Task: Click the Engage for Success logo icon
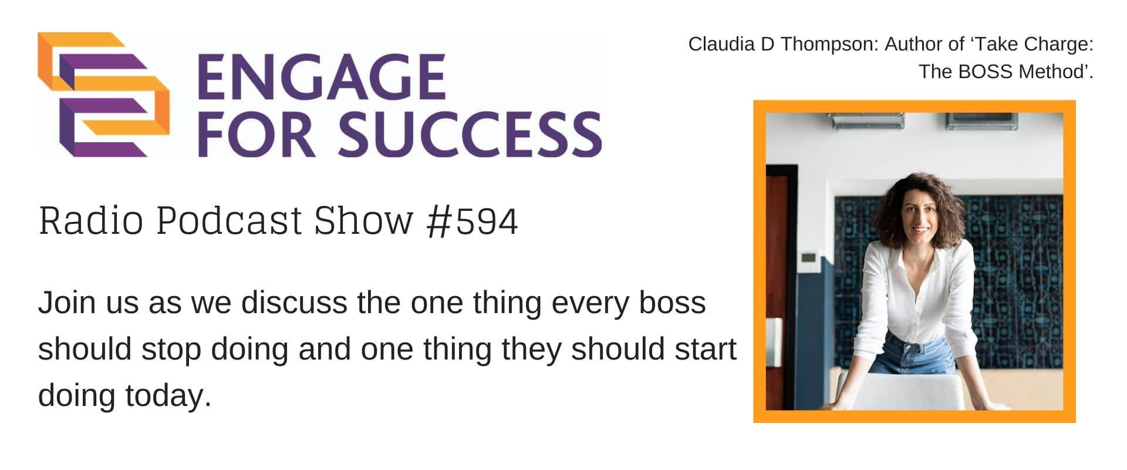[x=103, y=94]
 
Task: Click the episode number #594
[x=473, y=221]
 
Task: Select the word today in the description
[x=168, y=396]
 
